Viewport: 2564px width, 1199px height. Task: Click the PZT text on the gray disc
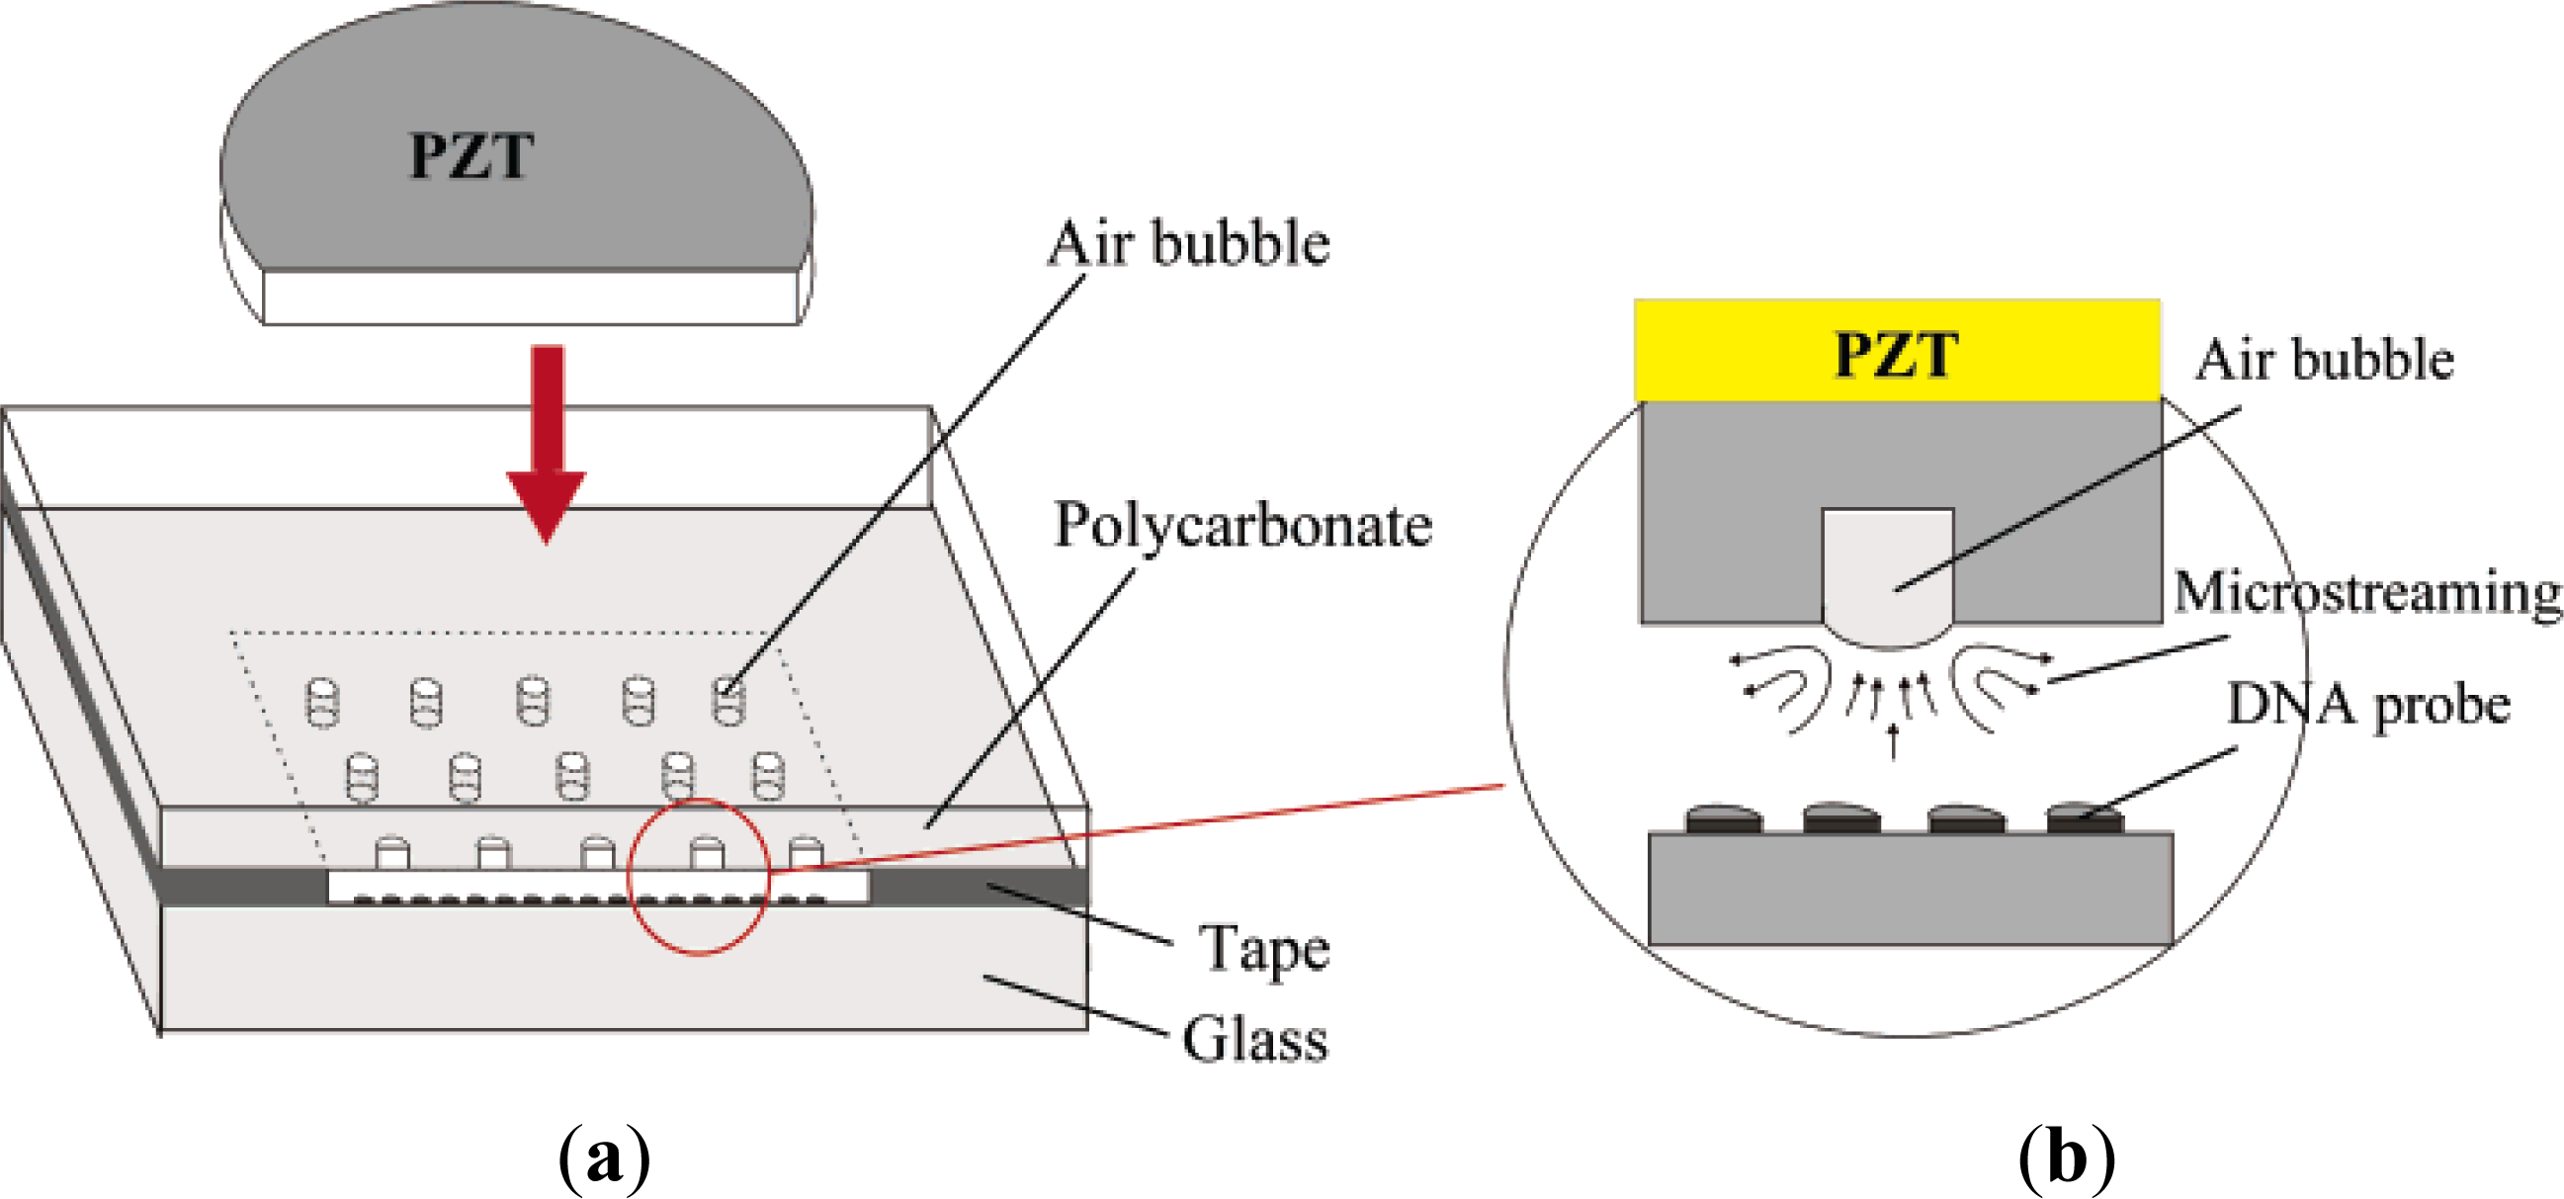tap(470, 157)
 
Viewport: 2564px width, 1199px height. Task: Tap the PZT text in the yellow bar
tap(1896, 354)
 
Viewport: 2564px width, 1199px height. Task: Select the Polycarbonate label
tap(1243, 526)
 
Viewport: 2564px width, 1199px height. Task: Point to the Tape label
tap(1264, 948)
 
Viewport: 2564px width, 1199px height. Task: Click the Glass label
tap(1255, 1040)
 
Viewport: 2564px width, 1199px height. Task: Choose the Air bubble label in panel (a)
tap(1188, 244)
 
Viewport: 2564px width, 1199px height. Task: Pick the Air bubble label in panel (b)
tap(2324, 360)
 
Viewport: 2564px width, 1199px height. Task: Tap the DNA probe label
tap(2368, 706)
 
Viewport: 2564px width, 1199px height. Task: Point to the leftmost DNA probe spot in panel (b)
tap(1724, 818)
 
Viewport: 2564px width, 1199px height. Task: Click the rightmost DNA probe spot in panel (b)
tap(2085, 818)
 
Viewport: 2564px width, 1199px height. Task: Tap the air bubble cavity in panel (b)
tap(1887, 572)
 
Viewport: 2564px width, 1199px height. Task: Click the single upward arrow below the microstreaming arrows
tap(1893, 741)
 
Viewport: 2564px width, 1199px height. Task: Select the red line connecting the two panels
tap(1145, 829)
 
